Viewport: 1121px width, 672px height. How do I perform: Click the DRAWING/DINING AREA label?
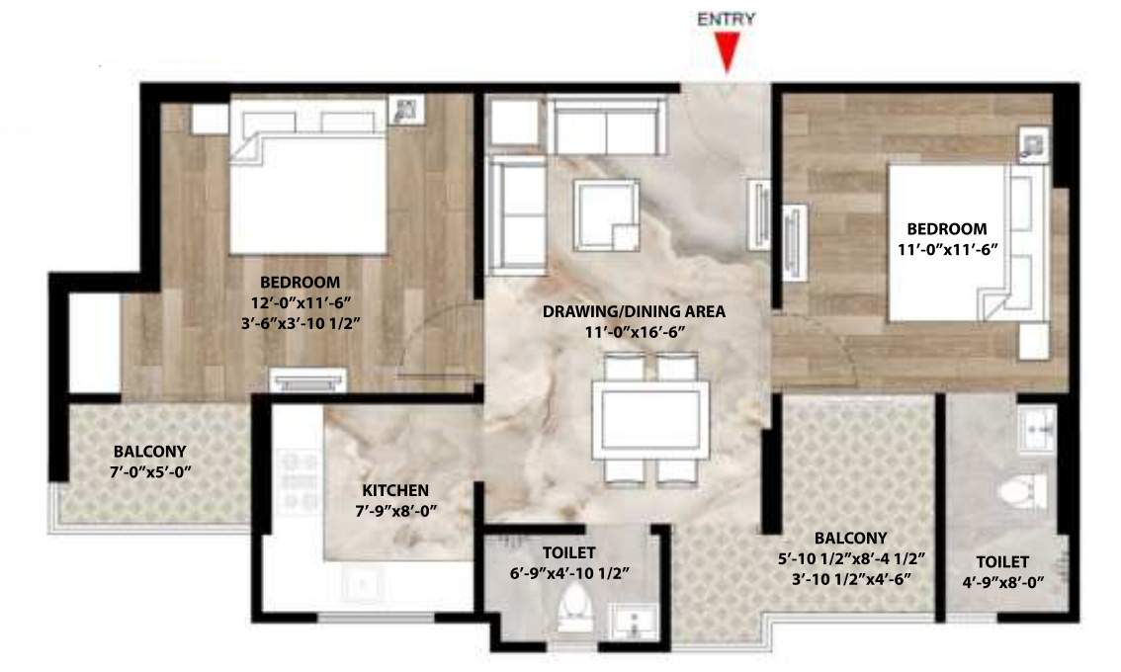[634, 311]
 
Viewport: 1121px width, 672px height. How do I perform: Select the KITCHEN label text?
[394, 490]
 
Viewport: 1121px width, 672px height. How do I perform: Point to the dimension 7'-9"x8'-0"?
[394, 511]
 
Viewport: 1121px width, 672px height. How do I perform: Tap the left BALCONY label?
[148, 452]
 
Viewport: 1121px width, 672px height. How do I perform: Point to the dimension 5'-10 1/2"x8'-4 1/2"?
[851, 559]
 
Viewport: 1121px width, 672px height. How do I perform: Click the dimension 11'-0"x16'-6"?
[634, 333]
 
